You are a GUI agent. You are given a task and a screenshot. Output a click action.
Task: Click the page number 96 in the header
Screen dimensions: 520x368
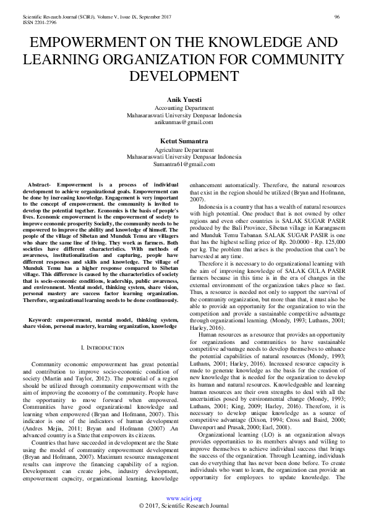click(x=336, y=16)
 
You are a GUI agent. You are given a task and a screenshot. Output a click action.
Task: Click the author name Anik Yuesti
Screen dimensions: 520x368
click(x=184, y=99)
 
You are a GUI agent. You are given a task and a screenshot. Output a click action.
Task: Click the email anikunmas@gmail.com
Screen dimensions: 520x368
click(x=184, y=122)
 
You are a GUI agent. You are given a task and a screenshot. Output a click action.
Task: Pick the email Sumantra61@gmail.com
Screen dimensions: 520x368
click(x=184, y=164)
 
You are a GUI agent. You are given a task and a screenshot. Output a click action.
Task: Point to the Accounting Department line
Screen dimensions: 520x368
click(x=184, y=107)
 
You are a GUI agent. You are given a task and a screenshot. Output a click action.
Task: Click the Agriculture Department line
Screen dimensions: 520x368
click(x=184, y=149)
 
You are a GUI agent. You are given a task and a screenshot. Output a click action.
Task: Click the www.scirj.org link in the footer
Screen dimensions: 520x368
click(x=184, y=498)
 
